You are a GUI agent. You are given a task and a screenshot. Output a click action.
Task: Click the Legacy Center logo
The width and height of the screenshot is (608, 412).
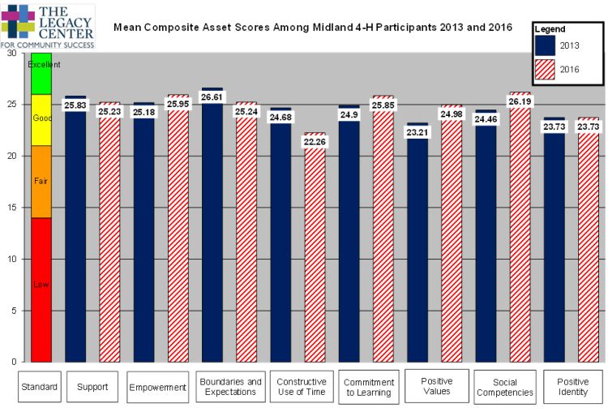coord(49,25)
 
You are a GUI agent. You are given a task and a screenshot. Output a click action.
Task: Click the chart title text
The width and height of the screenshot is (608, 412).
coord(312,28)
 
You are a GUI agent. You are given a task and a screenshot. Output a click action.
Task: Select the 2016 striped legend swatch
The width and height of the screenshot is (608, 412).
coord(550,71)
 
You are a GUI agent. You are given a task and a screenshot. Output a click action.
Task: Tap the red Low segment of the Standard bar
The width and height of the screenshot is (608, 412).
coord(41,288)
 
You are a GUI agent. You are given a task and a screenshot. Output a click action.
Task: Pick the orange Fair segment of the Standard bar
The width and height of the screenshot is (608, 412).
coord(41,182)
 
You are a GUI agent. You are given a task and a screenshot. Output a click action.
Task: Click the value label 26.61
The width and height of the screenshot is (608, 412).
coord(212,97)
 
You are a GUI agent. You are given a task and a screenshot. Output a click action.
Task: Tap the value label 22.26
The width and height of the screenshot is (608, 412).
coord(315,142)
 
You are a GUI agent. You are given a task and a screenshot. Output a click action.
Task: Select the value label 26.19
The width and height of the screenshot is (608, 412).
coord(520,102)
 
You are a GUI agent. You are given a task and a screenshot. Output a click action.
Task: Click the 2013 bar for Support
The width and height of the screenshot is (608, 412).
coord(75,243)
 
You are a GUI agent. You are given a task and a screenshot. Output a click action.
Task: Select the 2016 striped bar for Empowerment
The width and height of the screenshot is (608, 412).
coord(178,243)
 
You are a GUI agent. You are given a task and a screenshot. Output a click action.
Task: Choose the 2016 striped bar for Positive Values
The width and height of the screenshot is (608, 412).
coord(451,243)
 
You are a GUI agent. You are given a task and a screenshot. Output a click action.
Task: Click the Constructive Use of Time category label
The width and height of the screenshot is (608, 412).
coord(302,387)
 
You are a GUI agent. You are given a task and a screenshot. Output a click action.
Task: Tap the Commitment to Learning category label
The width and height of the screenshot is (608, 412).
coord(369,388)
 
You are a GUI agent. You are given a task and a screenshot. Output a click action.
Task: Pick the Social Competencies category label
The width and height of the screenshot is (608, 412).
coord(506,387)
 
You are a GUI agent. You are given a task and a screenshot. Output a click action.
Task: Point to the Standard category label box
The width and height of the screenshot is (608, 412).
coord(40,387)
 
